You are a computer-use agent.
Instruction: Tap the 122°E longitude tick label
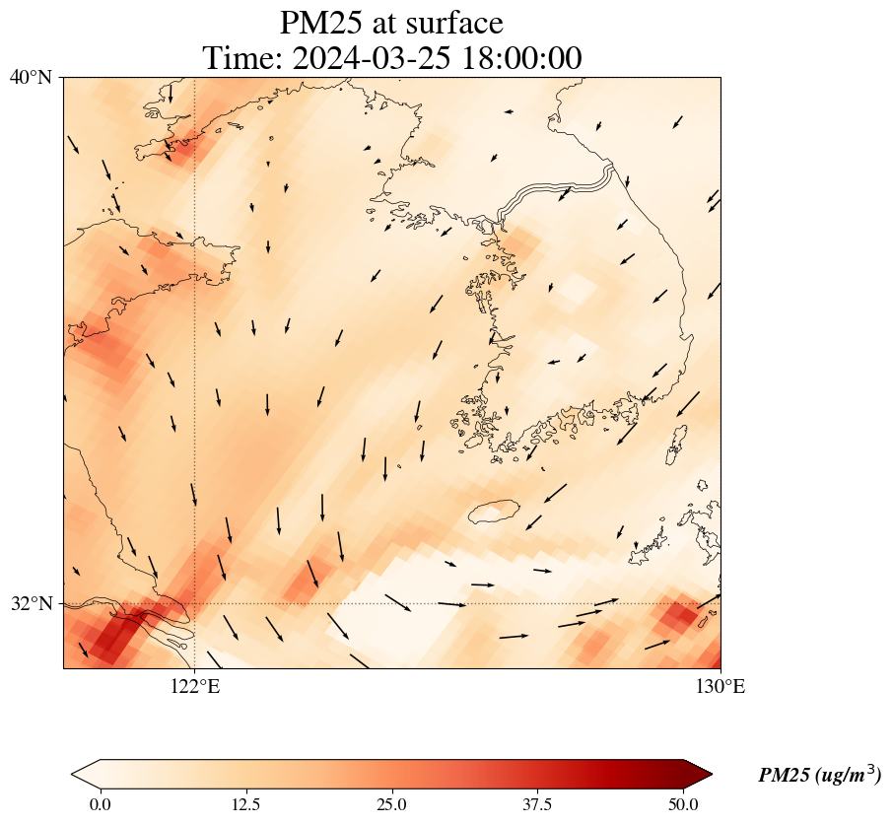pos(195,686)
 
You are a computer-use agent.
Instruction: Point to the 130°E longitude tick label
pos(721,686)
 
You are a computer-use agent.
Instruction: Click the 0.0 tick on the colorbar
pos(100,804)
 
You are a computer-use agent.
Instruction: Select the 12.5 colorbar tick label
pos(245,804)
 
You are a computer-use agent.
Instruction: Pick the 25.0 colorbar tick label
pos(392,804)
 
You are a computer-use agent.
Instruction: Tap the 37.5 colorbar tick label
pos(538,804)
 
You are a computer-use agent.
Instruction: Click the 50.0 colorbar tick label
pos(684,804)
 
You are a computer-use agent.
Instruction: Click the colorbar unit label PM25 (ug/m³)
pos(819,776)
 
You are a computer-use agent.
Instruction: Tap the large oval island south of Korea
pos(494,512)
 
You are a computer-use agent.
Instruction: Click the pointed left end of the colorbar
pos(79,774)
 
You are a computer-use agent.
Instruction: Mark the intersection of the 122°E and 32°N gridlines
pos(195,603)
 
